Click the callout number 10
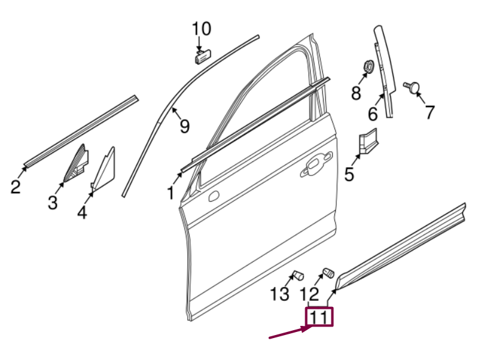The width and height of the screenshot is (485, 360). click(x=202, y=29)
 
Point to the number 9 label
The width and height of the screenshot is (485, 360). click(x=184, y=126)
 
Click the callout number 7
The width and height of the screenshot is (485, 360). click(x=430, y=112)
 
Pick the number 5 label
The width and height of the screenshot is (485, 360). click(x=349, y=175)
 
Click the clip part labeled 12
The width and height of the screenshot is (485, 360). click(x=328, y=272)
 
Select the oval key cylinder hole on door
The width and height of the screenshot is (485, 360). click(x=213, y=197)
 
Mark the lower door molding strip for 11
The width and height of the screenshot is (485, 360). click(x=402, y=244)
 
